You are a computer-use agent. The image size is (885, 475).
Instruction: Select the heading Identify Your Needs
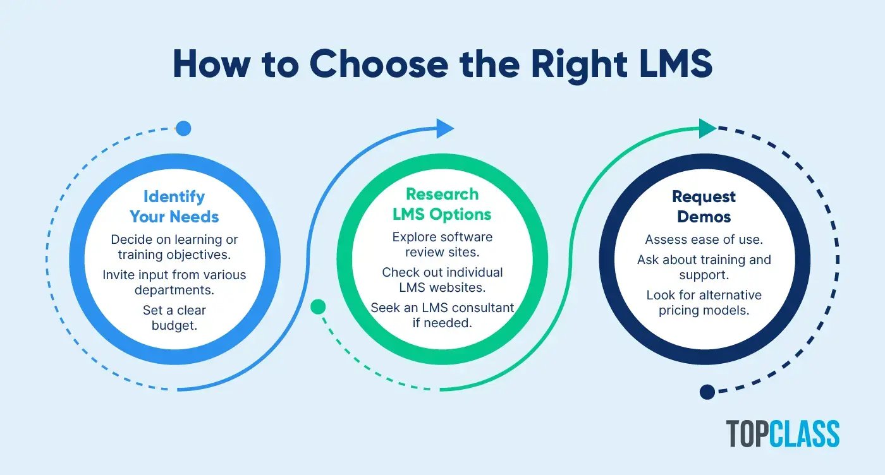tap(174, 207)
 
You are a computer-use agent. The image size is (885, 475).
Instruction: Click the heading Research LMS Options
tap(442, 204)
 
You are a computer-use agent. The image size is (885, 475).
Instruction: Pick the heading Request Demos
tap(704, 207)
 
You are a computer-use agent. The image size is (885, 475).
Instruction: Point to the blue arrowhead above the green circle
tap(445, 128)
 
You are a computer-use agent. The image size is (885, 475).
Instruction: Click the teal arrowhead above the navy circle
tap(707, 129)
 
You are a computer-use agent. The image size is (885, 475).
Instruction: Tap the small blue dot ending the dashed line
tap(183, 129)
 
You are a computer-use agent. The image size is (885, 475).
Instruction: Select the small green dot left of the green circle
tap(318, 307)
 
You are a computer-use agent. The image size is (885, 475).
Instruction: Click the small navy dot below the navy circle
tap(707, 392)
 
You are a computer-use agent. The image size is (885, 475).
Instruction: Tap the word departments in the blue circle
tap(174, 290)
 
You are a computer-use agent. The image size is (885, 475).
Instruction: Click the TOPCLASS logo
tap(783, 434)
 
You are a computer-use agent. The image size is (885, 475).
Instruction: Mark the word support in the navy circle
tap(704, 275)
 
